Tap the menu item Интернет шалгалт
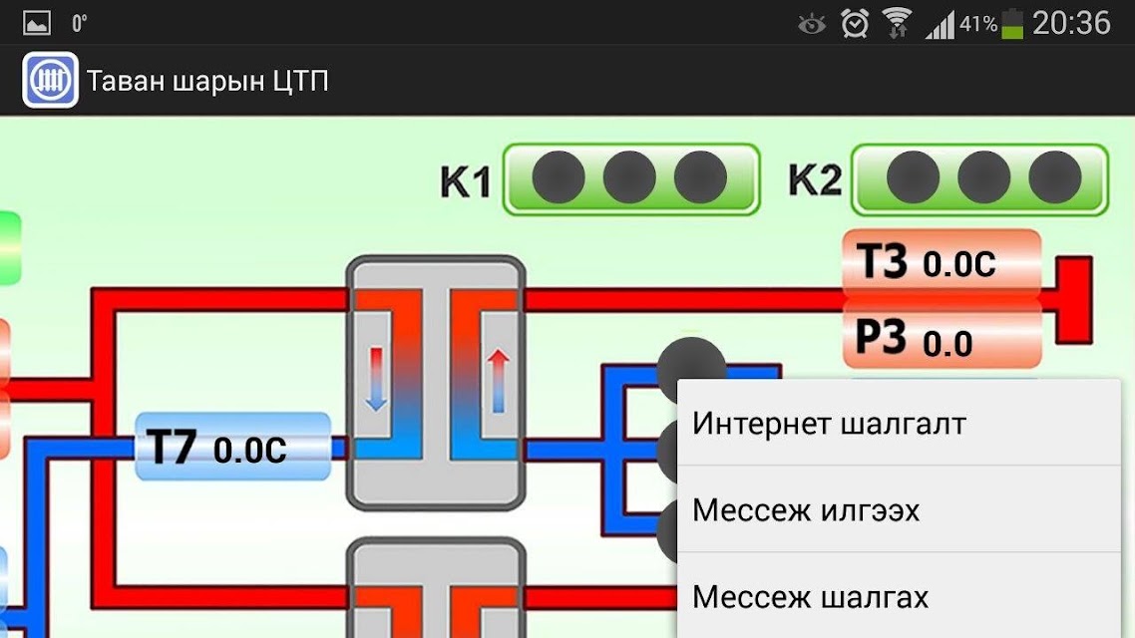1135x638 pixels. click(829, 424)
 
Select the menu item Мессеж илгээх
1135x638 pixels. click(806, 510)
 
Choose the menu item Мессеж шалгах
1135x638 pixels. click(810, 597)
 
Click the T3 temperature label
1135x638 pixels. click(942, 262)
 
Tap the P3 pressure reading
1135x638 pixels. click(942, 339)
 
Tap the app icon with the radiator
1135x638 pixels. click(50, 80)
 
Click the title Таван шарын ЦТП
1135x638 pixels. click(207, 81)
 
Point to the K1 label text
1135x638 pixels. click(466, 180)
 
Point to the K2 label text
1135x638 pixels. click(814, 179)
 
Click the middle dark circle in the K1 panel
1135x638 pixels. click(629, 177)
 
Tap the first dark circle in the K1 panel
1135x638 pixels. click(559, 177)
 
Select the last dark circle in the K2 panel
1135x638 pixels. click(1054, 177)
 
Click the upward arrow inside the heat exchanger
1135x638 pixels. click(498, 381)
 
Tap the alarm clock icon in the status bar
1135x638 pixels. click(855, 23)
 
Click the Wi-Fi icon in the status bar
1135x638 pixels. click(897, 23)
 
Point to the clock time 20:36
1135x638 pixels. click(1071, 23)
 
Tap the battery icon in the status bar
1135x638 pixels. click(1012, 23)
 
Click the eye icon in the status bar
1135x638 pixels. click(812, 25)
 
